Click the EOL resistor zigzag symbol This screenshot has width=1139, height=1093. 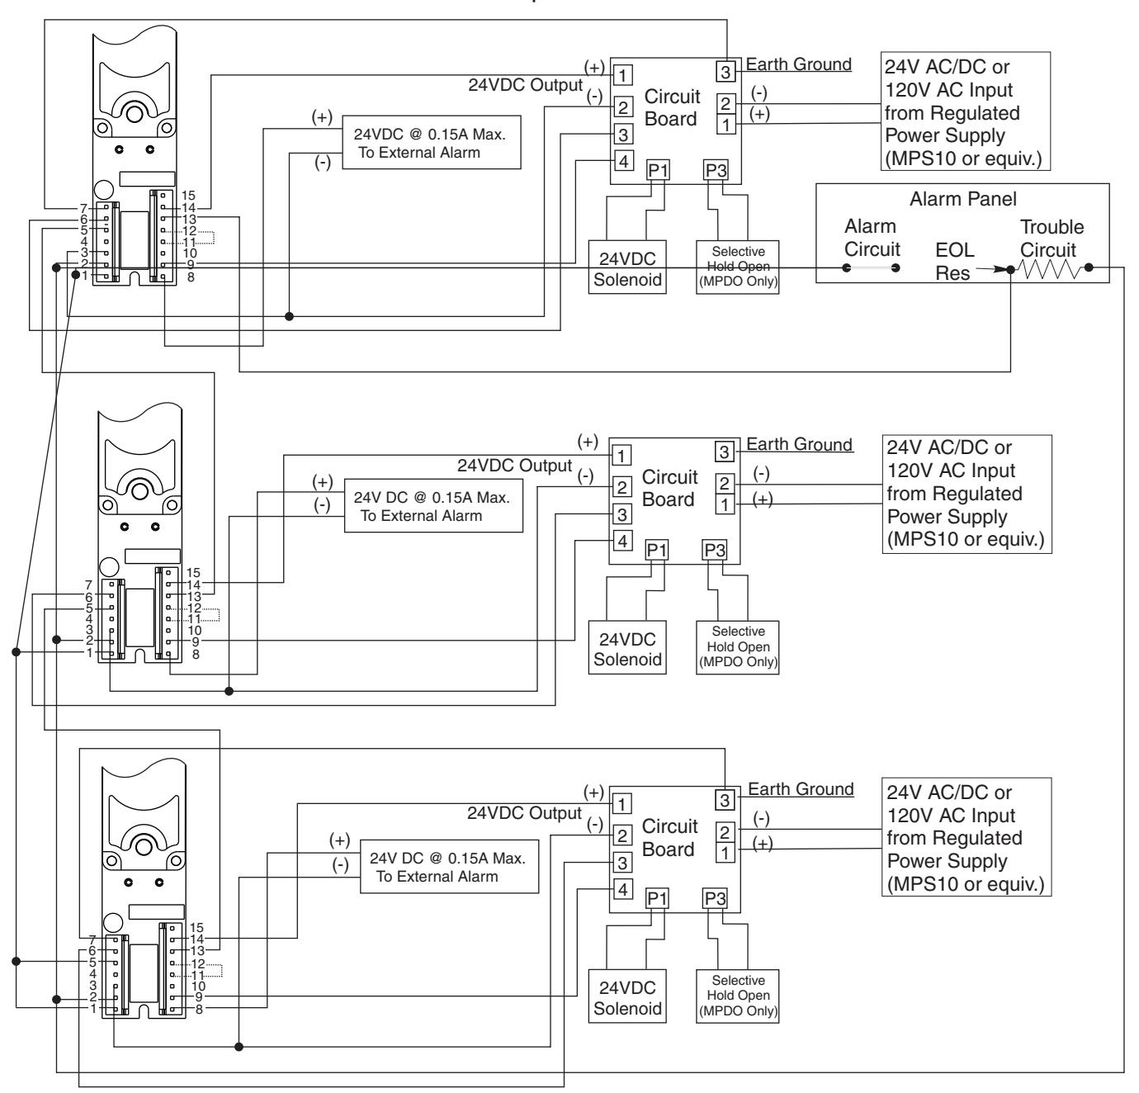tap(1049, 269)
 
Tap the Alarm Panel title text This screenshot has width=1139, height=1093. tap(963, 199)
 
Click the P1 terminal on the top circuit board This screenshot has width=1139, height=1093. tap(658, 170)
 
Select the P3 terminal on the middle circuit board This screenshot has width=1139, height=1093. tap(715, 551)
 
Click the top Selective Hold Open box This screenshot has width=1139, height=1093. tap(738, 267)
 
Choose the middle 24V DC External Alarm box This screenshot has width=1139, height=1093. tap(433, 506)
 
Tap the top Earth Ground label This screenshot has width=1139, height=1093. tap(798, 64)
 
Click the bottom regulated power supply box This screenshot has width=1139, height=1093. tap(966, 836)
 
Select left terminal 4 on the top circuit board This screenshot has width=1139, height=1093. tap(623, 161)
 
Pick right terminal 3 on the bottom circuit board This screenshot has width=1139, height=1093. tap(725, 800)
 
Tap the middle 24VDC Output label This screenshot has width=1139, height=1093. tap(514, 466)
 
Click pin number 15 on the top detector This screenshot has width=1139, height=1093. tap(188, 196)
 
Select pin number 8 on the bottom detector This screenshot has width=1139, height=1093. tap(199, 1010)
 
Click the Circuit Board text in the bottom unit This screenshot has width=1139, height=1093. tap(669, 838)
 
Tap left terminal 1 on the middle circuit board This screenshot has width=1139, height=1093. tap(621, 456)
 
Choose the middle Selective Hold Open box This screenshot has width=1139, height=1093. tap(738, 647)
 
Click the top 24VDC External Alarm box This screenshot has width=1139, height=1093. tap(432, 142)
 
